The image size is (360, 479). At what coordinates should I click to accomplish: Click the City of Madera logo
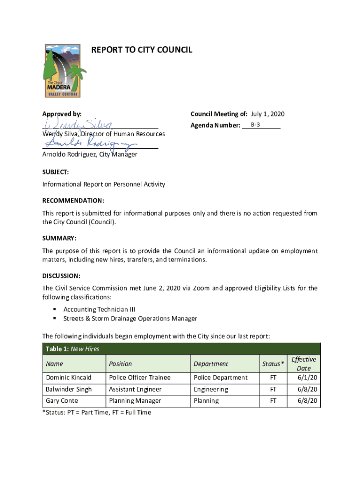coord(65,71)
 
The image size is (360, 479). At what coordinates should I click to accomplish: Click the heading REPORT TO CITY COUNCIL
coord(141,50)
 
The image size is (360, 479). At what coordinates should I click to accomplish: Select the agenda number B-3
coord(255,125)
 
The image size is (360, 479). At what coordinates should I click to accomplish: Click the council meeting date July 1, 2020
coord(267,114)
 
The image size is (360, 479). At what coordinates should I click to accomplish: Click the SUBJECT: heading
coord(56,172)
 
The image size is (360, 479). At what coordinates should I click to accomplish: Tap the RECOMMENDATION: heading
coord(73,201)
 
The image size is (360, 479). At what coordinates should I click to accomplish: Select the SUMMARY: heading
coord(59,238)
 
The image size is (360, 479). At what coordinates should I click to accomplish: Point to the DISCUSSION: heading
coord(61,276)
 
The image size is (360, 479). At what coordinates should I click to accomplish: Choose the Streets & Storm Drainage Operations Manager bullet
coord(130,319)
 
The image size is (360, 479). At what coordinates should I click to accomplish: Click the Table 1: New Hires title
coord(72,348)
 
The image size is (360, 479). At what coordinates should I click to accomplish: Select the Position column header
coord(120,363)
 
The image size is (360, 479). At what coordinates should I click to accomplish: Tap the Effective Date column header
coord(303,363)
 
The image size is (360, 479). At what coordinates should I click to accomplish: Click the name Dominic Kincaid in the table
coord(68,377)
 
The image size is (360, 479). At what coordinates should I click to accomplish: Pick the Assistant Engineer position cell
coord(135,389)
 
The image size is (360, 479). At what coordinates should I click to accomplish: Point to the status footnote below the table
coord(97,413)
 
